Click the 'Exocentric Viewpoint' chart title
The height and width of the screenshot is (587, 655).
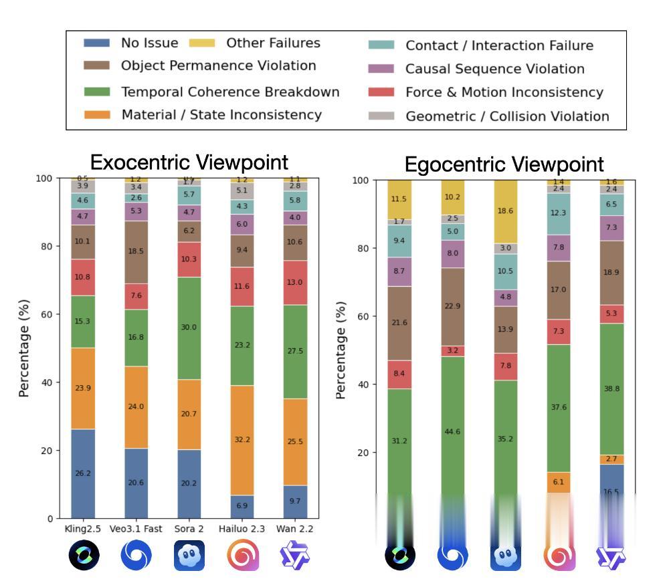click(x=189, y=162)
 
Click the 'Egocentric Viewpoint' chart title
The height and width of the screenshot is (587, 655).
click(x=504, y=164)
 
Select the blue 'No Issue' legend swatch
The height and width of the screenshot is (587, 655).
click(x=96, y=43)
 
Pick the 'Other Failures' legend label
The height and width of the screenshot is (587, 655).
click(x=273, y=43)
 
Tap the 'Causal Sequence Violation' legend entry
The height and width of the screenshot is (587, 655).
click(x=494, y=69)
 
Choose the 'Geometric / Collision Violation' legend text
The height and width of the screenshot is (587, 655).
click(x=507, y=116)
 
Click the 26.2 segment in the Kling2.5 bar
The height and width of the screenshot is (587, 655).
click(x=83, y=473)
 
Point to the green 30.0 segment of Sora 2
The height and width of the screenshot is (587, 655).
click(x=189, y=328)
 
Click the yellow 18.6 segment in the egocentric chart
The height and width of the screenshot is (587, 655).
click(x=505, y=211)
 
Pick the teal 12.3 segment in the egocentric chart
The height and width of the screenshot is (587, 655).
click(x=559, y=213)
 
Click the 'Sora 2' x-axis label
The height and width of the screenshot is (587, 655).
click(x=189, y=529)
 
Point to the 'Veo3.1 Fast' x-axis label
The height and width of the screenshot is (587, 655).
click(x=136, y=529)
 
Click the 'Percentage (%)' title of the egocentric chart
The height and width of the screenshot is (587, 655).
click(x=341, y=350)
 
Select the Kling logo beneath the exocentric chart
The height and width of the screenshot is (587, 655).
click(x=84, y=556)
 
